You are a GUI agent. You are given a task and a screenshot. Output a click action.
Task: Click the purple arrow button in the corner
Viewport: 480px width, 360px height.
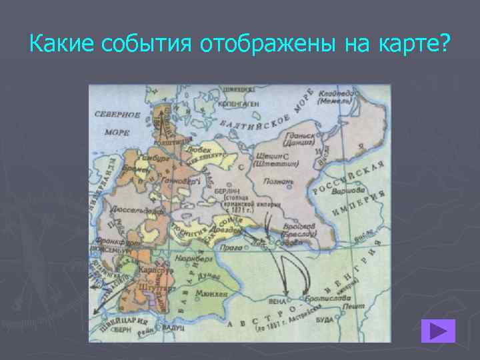[438, 331]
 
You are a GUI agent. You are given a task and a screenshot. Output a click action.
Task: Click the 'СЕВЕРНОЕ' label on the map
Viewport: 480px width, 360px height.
[117, 115]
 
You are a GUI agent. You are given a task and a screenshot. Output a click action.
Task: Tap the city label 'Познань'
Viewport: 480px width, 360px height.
[279, 181]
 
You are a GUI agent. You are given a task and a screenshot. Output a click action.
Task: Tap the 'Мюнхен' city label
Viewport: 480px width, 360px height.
[213, 293]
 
